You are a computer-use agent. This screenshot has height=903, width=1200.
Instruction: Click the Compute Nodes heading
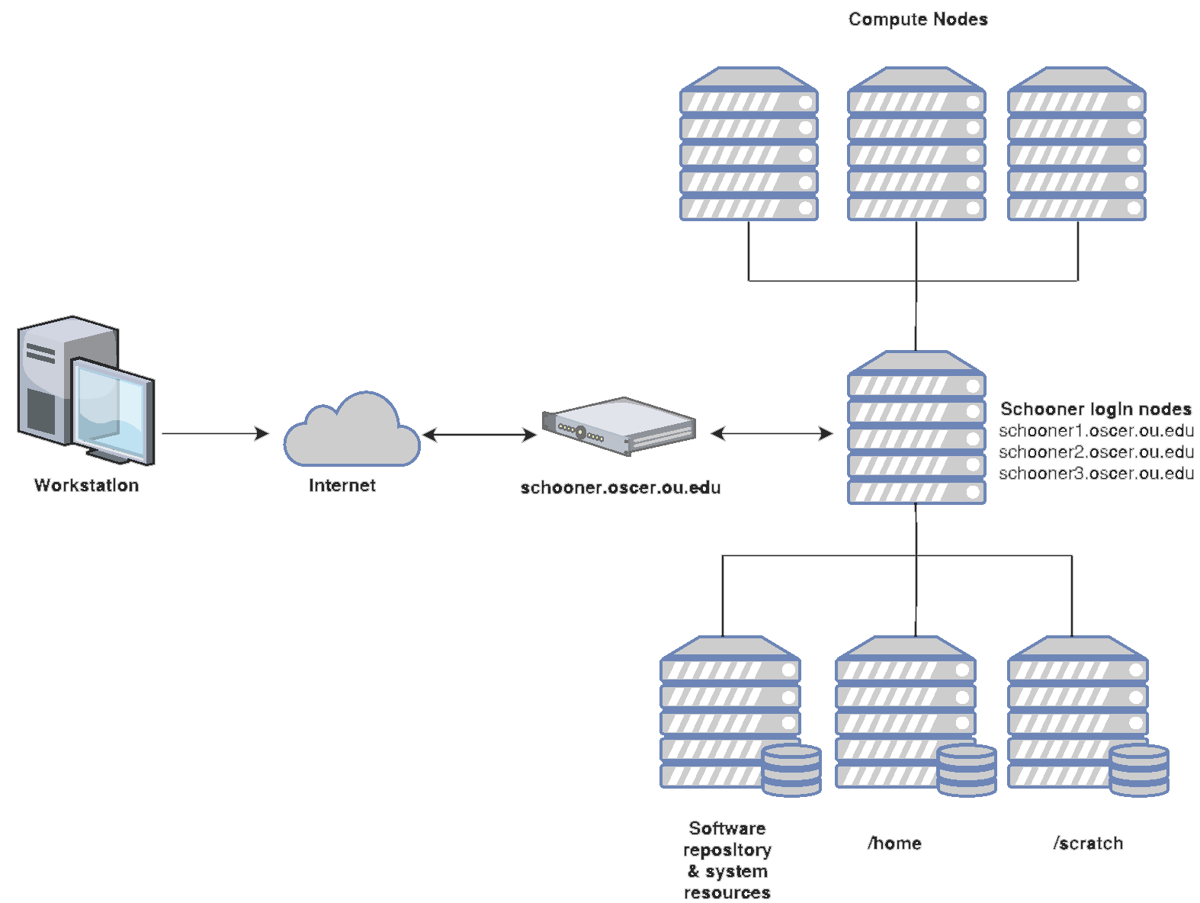[x=918, y=19]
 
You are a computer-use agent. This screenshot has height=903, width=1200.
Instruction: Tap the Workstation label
[x=86, y=485]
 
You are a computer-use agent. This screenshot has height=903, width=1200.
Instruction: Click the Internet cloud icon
[x=351, y=433]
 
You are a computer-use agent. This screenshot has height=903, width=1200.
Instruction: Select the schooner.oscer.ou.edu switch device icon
[x=619, y=426]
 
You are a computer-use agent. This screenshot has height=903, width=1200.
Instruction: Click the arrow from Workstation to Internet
[x=215, y=433]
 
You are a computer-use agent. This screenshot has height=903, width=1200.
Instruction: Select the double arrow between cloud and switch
[x=480, y=435]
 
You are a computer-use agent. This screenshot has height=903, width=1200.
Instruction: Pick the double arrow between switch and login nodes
[x=772, y=433]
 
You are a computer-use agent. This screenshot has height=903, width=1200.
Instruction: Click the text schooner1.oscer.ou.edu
[x=1096, y=431]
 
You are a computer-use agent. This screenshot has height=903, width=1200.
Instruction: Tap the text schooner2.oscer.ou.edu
[x=1096, y=452]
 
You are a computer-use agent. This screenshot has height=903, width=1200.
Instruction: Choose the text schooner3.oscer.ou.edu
[x=1096, y=474]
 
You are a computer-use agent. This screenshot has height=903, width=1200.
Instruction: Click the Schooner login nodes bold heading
[x=1095, y=409]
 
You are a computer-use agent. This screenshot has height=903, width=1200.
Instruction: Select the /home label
[x=894, y=843]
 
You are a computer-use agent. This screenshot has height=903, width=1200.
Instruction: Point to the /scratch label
[x=1088, y=843]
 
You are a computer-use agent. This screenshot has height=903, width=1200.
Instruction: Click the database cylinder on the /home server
[x=967, y=770]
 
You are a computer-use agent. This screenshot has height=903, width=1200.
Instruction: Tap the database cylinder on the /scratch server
[x=1139, y=770]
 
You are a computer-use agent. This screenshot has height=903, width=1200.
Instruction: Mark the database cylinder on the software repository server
[x=792, y=770]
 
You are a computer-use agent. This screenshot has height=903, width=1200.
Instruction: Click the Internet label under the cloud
[x=342, y=485]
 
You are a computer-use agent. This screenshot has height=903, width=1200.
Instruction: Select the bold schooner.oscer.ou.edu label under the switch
[x=620, y=487]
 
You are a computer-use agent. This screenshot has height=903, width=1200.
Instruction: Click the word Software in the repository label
[x=727, y=828]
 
